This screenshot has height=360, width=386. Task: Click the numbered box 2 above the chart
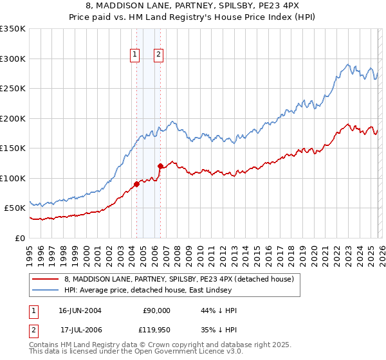158,55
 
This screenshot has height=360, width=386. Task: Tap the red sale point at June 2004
136,184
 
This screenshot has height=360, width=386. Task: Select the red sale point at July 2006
160,166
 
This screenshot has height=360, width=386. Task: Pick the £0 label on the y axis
21,238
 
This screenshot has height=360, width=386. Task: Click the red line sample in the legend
46,279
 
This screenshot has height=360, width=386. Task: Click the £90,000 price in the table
156,310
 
